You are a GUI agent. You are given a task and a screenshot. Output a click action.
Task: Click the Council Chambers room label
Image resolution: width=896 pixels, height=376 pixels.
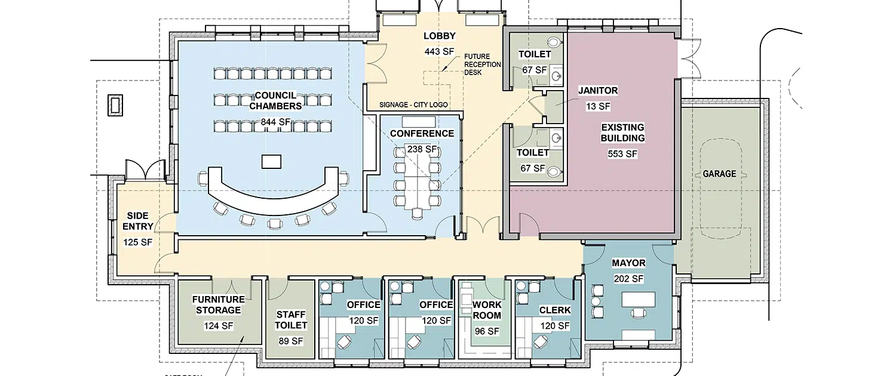pyautogui.click(x=275, y=101)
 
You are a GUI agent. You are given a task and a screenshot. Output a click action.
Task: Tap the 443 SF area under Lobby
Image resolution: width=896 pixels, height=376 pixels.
pyautogui.click(x=439, y=51)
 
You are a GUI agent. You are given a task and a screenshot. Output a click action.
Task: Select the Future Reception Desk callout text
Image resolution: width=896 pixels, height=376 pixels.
pyautogui.click(x=483, y=64)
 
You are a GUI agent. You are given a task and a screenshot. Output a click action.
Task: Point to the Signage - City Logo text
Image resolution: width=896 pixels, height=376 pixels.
pyautogui.click(x=413, y=104)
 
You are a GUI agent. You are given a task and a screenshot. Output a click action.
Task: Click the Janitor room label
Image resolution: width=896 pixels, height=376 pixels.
pyautogui.click(x=598, y=91)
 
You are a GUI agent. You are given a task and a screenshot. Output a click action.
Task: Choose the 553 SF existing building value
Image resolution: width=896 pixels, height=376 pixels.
pyautogui.click(x=622, y=154)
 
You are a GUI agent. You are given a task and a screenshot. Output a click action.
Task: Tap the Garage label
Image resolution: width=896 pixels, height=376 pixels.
pyautogui.click(x=719, y=174)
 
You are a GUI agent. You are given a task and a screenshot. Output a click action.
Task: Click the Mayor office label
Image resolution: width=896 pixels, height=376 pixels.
pyautogui.click(x=628, y=263)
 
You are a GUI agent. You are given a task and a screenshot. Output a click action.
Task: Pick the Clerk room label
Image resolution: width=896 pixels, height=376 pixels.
pyautogui.click(x=555, y=310)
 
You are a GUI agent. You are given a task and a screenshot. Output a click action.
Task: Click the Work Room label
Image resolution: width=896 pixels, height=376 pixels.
pyautogui.click(x=486, y=310)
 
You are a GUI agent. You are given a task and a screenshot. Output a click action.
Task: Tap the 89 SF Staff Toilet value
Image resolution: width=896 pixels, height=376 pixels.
pyautogui.click(x=291, y=341)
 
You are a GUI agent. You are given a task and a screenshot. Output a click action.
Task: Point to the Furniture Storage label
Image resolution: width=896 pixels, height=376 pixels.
pyautogui.click(x=219, y=305)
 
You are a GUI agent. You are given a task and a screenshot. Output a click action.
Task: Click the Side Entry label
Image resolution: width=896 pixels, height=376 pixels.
pyautogui.click(x=137, y=221)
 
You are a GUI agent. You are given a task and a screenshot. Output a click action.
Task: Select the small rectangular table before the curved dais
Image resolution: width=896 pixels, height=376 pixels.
pyautogui.click(x=271, y=162)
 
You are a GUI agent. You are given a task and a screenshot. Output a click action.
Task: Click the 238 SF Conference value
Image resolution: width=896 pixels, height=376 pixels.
pyautogui.click(x=422, y=149)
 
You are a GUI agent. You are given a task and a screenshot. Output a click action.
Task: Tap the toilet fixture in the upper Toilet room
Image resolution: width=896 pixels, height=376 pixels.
pyautogui.click(x=553, y=42)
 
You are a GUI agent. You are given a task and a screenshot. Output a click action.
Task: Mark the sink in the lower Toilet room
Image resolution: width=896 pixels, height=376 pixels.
pyautogui.click(x=556, y=138)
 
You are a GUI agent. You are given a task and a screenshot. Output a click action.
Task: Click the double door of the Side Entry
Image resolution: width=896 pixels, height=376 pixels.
pyautogui.click(x=146, y=169)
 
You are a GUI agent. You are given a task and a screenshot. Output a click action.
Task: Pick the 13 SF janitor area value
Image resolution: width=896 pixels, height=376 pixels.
pyautogui.click(x=598, y=107)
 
